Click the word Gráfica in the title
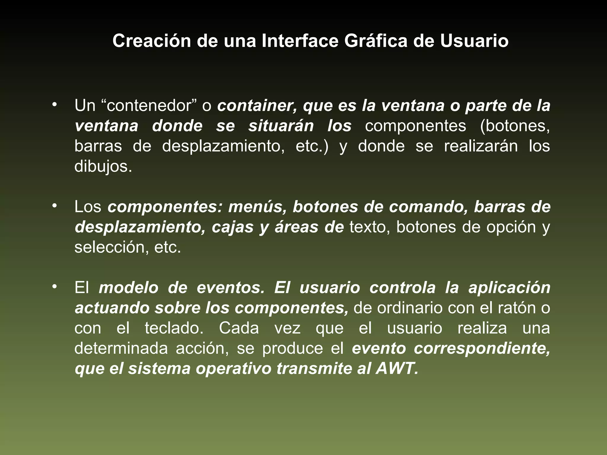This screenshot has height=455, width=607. tap(376, 41)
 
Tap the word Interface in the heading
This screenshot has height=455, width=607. tap(300, 41)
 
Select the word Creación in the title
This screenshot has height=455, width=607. tap(151, 41)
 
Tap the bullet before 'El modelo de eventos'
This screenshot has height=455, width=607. tap(54, 287)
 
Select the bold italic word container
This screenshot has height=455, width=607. tap(257, 106)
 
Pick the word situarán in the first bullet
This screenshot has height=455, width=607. tap(281, 126)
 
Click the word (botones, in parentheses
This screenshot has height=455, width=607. tap(515, 126)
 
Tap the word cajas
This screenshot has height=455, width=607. tap(233, 227)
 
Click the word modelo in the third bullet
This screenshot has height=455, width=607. tap(129, 288)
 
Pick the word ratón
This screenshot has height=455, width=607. tap(516, 308)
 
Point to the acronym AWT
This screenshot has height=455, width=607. tap(397, 369)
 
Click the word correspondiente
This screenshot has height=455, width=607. tap(482, 349)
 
